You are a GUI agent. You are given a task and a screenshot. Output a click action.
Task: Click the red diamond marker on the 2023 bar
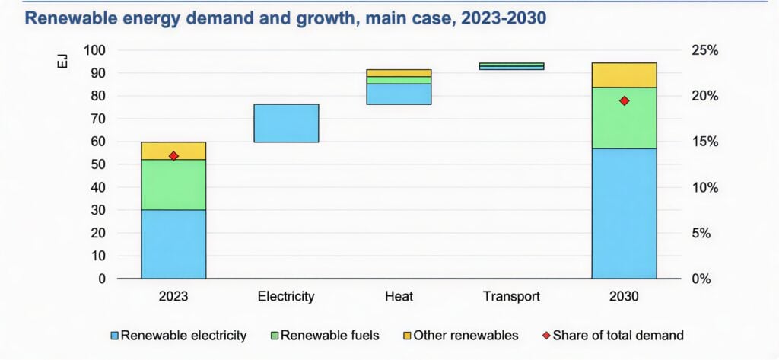(x=173, y=156)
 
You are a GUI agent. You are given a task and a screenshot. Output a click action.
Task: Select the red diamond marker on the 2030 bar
(x=624, y=100)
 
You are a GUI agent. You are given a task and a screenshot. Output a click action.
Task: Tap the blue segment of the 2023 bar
(x=173, y=244)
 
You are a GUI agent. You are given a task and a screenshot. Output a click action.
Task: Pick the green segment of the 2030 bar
(x=624, y=118)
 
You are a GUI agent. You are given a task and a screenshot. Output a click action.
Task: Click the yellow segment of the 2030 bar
(x=624, y=75)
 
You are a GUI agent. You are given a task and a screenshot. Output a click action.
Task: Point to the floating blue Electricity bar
(x=286, y=123)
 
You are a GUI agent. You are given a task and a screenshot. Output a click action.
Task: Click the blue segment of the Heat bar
(x=399, y=94)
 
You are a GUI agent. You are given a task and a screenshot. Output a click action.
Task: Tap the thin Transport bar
(x=511, y=66)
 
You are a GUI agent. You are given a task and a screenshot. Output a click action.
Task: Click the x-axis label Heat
(x=399, y=297)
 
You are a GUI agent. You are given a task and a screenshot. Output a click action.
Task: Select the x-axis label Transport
(x=511, y=297)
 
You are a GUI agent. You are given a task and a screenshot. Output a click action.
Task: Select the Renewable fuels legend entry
(x=326, y=335)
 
